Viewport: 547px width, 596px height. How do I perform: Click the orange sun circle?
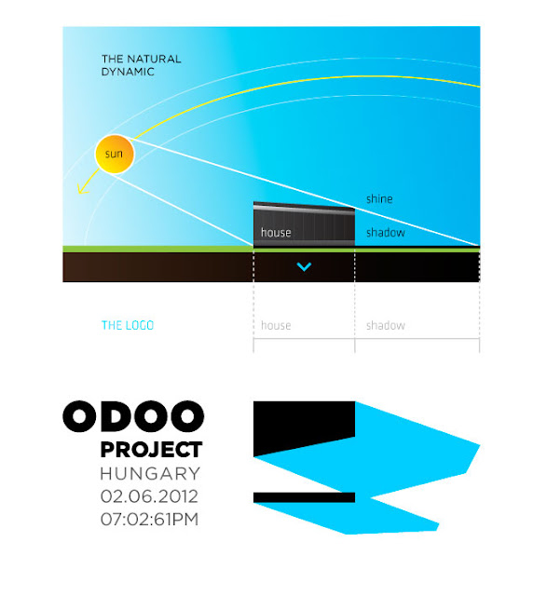click(x=114, y=154)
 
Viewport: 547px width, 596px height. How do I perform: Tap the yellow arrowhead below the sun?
click(x=82, y=189)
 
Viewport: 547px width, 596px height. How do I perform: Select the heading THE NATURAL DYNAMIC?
click(x=141, y=65)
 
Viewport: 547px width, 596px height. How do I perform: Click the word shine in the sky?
click(x=379, y=198)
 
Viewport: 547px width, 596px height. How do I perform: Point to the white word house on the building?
click(x=276, y=232)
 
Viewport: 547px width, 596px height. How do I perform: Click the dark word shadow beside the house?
click(x=386, y=232)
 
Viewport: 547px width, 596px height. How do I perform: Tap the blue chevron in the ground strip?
click(x=304, y=267)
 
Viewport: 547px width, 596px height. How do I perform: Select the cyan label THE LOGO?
click(x=128, y=325)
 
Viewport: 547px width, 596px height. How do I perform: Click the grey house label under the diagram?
click(x=276, y=325)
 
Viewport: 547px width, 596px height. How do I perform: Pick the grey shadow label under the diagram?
click(x=386, y=325)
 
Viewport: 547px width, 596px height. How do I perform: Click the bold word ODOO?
click(x=133, y=416)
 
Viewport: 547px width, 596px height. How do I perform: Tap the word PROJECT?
click(x=151, y=450)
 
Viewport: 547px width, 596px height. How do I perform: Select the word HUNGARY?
click(x=150, y=474)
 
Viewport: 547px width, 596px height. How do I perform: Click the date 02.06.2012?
click(x=149, y=496)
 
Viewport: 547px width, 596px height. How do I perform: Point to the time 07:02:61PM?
click(x=149, y=520)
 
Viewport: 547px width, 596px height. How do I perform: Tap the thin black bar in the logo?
click(x=305, y=497)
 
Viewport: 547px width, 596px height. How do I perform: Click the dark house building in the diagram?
click(x=304, y=224)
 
